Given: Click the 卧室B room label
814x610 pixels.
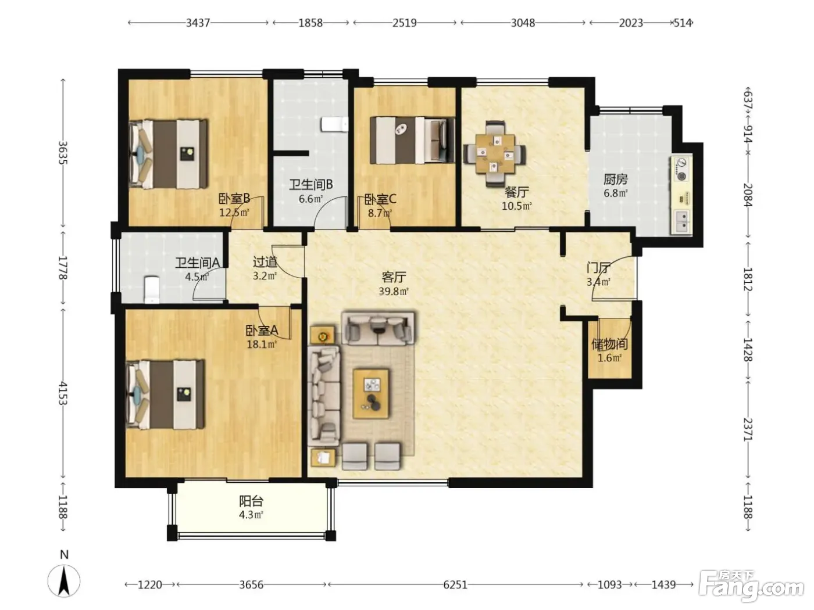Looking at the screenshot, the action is pyautogui.click(x=234, y=199).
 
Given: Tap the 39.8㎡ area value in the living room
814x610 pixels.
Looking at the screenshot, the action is pyautogui.click(x=394, y=292).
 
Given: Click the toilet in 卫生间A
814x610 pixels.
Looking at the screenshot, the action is pyautogui.click(x=151, y=289).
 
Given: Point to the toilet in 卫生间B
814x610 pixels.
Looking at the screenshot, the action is pyautogui.click(x=334, y=124).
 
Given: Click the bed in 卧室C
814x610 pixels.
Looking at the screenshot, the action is pyautogui.click(x=412, y=140).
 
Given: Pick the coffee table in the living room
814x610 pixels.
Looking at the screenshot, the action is pyautogui.click(x=371, y=393).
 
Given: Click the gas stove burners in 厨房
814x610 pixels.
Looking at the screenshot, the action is pyautogui.click(x=681, y=170).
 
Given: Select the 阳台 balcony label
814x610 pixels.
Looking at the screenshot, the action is pyautogui.click(x=251, y=501).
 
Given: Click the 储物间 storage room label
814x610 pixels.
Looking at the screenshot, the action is pyautogui.click(x=609, y=344).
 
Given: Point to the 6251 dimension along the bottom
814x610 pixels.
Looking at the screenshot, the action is pyautogui.click(x=455, y=584).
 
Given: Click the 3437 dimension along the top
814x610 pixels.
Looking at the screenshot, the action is pyautogui.click(x=198, y=23).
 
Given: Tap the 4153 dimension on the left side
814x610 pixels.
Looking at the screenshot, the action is pyautogui.click(x=62, y=393).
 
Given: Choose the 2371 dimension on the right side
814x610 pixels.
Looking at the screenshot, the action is pyautogui.click(x=748, y=429).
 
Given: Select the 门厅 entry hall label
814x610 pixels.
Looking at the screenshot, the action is pyautogui.click(x=598, y=267).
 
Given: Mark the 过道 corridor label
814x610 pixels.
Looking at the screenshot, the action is pyautogui.click(x=265, y=262).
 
